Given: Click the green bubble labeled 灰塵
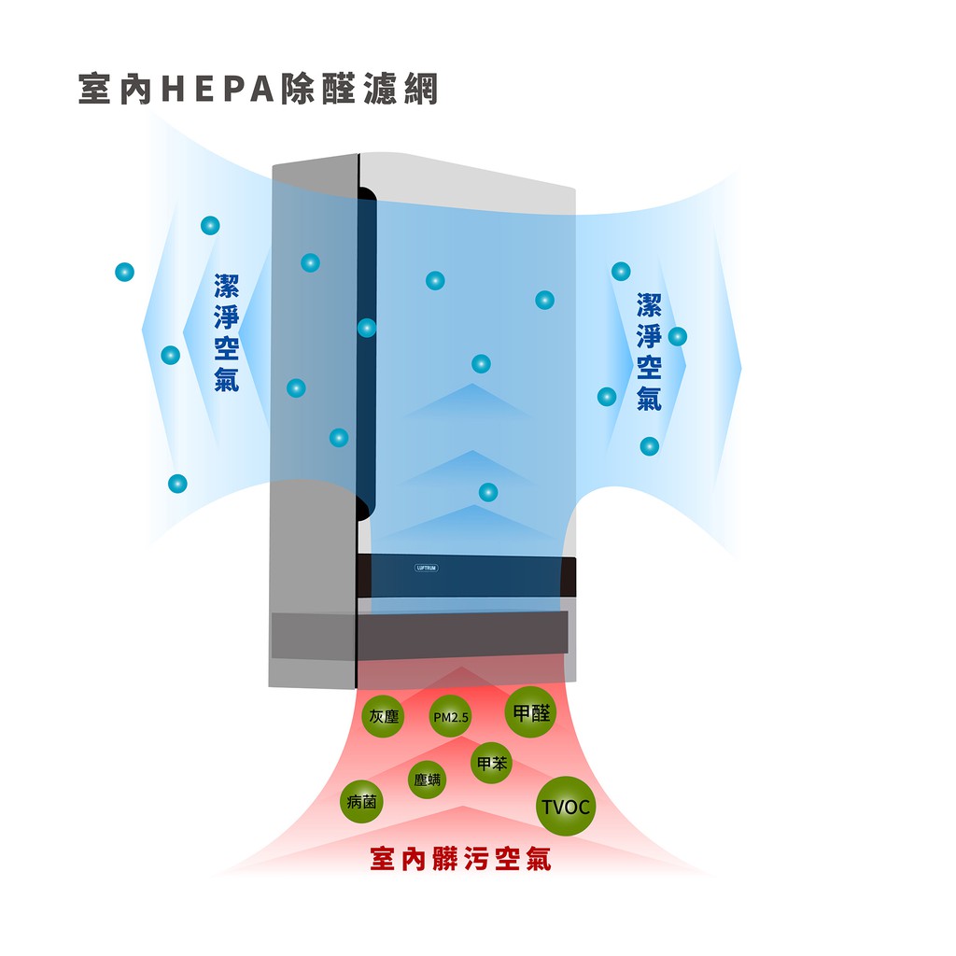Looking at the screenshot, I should click(x=383, y=715).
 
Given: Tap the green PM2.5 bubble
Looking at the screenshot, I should click(x=450, y=717).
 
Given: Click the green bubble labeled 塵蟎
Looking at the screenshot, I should click(x=428, y=780).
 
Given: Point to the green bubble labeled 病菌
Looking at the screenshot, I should click(x=361, y=801).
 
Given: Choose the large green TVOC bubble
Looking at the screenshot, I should click(x=567, y=806).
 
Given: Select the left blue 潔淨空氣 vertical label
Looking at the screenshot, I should click(x=227, y=332).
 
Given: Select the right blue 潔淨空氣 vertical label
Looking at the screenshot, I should click(x=650, y=351).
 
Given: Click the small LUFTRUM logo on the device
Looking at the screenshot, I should click(x=426, y=567).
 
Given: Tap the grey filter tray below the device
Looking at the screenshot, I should click(x=420, y=635).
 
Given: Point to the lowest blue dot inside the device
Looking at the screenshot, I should click(x=488, y=492).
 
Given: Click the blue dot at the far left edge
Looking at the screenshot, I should click(x=124, y=272).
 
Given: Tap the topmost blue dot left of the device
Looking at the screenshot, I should click(x=210, y=225).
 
